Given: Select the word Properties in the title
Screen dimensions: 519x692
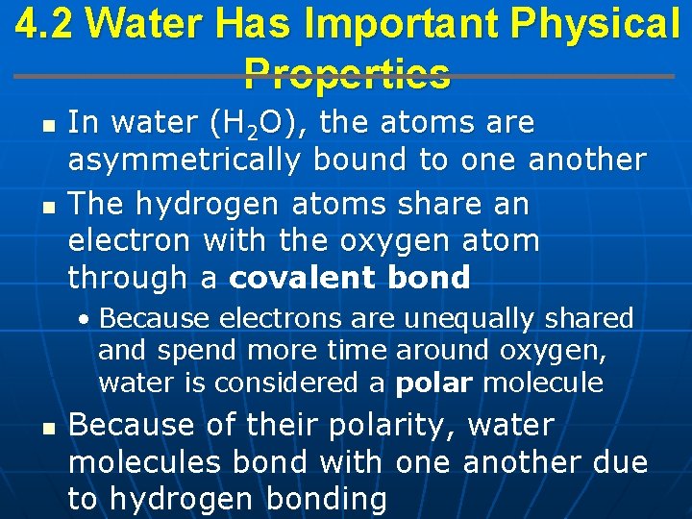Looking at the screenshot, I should coord(347,73).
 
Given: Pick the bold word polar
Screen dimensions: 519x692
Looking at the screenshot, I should coord(434,383).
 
